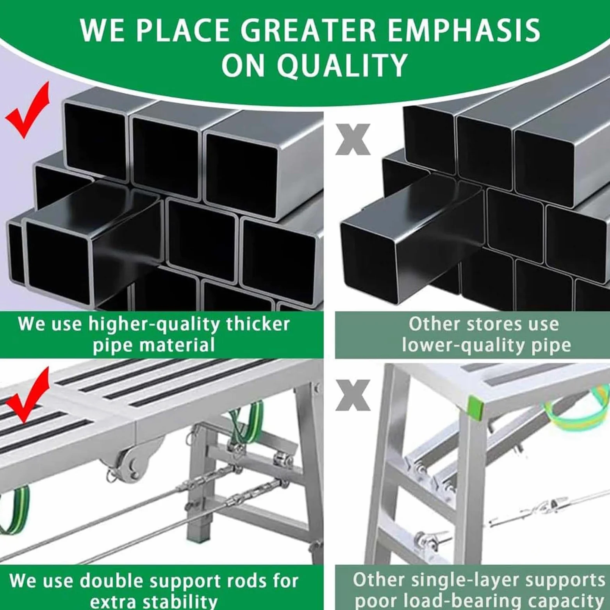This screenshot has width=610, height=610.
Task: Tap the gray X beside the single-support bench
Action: pos(353,395)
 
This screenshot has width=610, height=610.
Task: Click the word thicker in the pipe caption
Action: pos(258,324)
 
